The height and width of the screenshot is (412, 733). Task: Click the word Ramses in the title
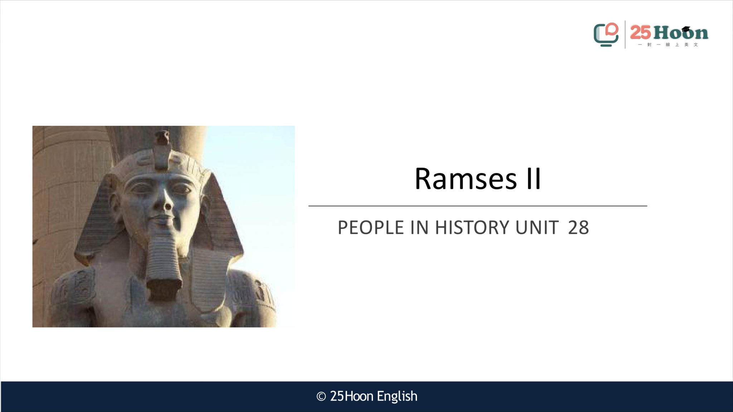pos(466,178)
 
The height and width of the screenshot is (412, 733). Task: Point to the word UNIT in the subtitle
pos(537,227)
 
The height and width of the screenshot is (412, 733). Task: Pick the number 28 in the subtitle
pos(578,227)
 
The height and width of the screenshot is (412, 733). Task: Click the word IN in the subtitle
pos(419,227)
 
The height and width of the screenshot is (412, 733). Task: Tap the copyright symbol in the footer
pos(321,397)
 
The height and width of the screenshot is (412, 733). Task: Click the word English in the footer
pos(397,397)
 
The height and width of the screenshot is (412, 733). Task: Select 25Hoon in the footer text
pos(352,396)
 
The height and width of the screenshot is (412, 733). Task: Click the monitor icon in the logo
pos(606,35)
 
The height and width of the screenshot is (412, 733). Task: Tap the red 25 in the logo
pos(640,33)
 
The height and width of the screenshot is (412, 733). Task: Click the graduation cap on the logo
pos(686,29)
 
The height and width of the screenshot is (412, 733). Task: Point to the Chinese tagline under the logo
pos(668,45)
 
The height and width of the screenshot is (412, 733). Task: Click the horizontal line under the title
pos(478,206)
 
